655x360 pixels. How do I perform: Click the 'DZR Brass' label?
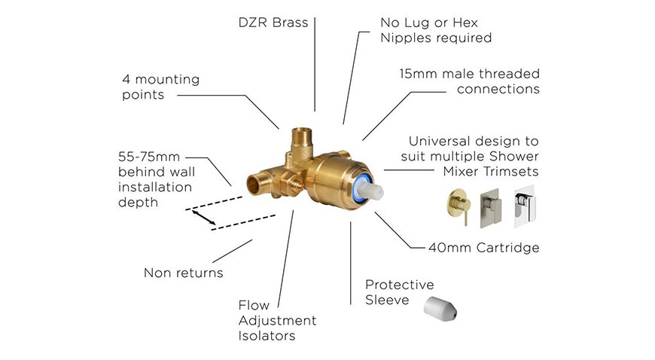[x=273, y=22]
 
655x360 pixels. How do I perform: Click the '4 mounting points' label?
[x=161, y=87]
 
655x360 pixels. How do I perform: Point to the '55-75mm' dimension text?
[x=149, y=157]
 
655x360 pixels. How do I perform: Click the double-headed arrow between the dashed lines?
[x=204, y=218]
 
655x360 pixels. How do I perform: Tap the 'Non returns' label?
[x=184, y=273]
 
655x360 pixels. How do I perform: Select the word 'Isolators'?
[x=267, y=335]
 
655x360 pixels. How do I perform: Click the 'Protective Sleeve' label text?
[x=399, y=292]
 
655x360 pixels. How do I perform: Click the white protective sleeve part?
[x=440, y=309]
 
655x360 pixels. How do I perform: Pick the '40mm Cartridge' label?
[x=484, y=248]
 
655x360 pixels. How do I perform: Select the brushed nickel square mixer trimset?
[x=491, y=208]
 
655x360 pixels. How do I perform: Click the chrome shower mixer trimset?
[x=524, y=206]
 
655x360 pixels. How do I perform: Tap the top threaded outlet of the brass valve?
[x=303, y=137]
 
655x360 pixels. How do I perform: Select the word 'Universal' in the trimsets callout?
[x=437, y=142]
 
